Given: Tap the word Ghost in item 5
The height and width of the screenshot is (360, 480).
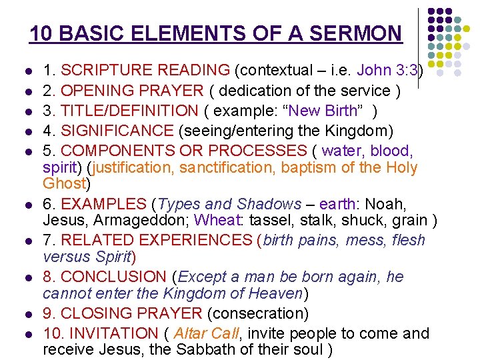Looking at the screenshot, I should point(65,183).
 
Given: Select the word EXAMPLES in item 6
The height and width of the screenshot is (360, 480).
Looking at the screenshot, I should point(103,203).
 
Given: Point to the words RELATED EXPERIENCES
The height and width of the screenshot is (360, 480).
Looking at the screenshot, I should point(157,240).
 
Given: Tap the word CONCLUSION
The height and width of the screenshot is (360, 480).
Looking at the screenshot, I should point(113,277).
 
